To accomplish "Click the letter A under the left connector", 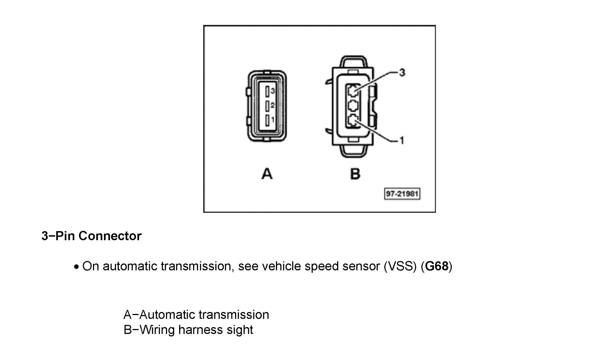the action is coord(267,174).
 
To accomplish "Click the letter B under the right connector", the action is coord(355,174).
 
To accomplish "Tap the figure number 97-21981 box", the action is coord(402,194).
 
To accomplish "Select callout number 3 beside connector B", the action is coord(402,73).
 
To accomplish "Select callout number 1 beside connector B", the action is coord(402,141).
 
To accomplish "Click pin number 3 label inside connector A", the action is coord(272,91).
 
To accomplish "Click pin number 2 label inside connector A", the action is coord(272,105).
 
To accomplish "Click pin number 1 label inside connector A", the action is coord(273,120).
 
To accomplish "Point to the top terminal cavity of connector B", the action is coord(353,90).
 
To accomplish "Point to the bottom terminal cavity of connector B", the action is coord(353,121).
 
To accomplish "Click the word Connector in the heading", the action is coord(110,236).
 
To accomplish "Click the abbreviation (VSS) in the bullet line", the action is coord(400,266).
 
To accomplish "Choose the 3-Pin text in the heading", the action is coord(58,236).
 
